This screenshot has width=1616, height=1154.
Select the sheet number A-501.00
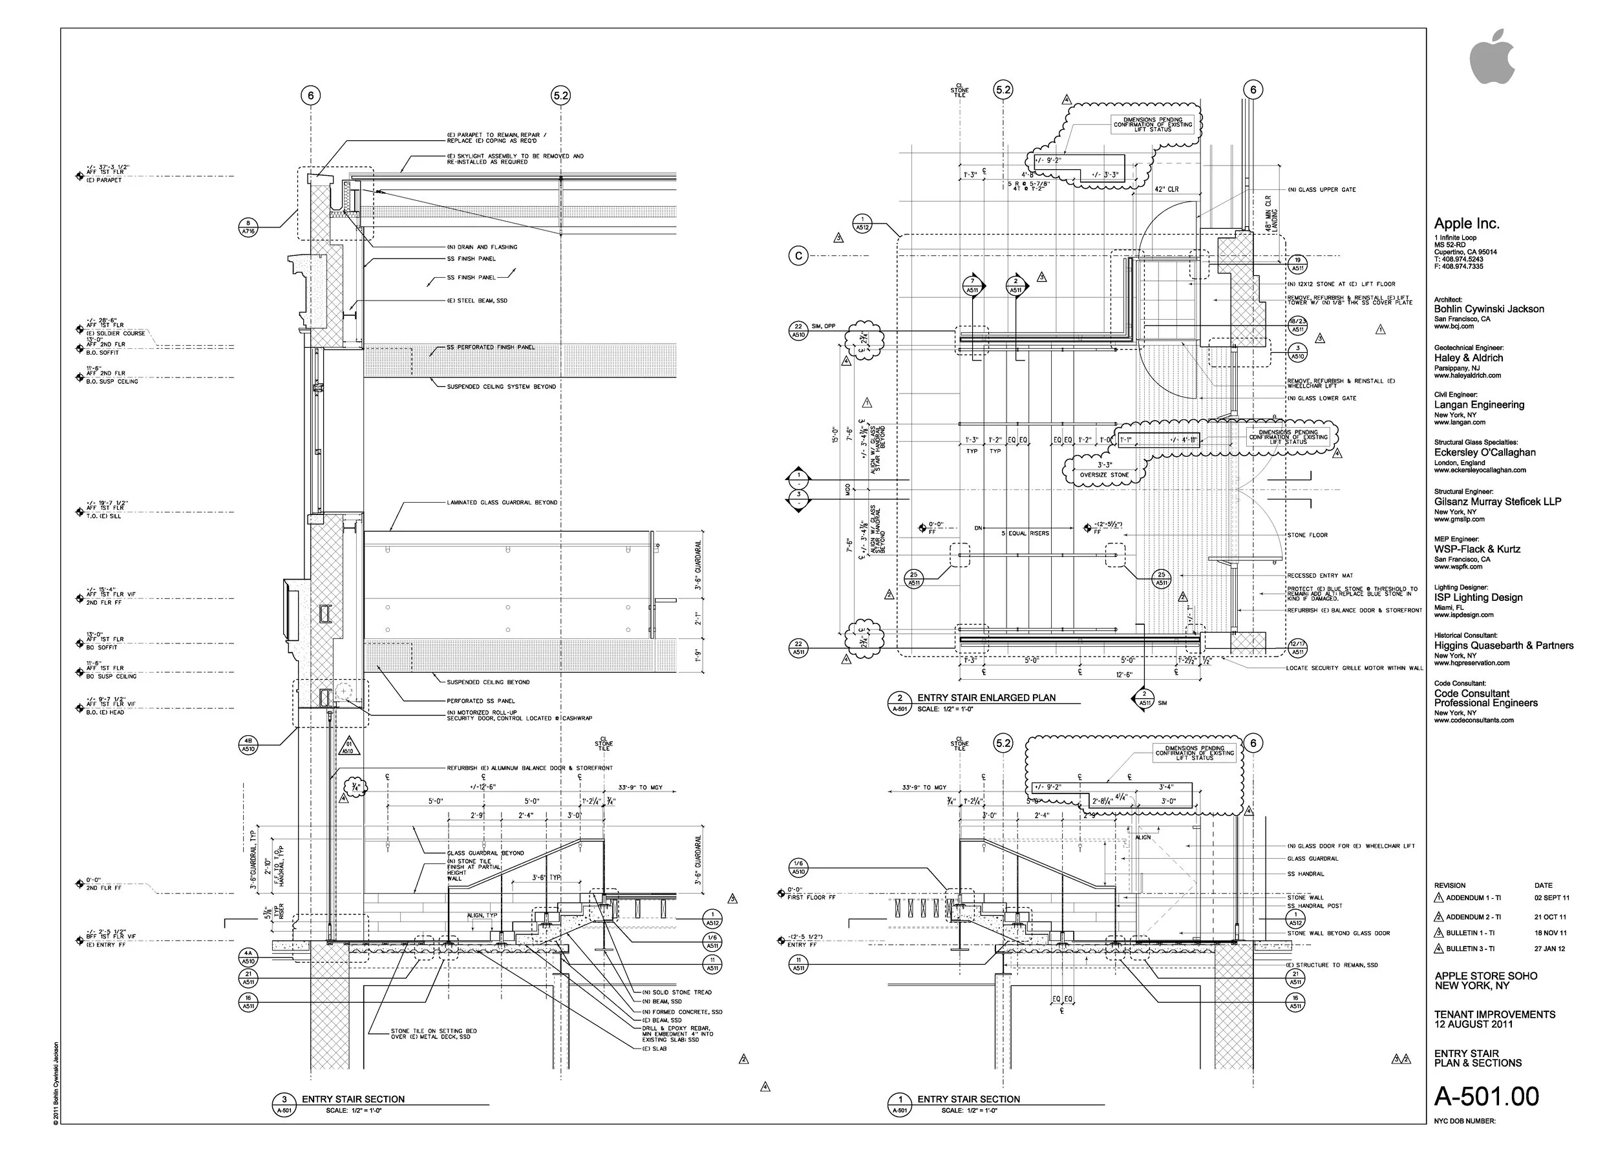tap(1486, 1096)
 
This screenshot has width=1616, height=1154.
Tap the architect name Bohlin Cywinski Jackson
tap(1489, 309)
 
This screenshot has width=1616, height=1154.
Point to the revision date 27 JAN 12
tap(1550, 949)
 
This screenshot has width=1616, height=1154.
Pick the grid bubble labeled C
tap(798, 257)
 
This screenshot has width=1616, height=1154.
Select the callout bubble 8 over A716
tap(247, 227)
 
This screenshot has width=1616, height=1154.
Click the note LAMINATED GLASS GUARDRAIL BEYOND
tap(502, 503)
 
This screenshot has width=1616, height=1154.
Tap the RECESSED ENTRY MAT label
tap(1319, 576)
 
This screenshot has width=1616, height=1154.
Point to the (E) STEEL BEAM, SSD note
tap(477, 300)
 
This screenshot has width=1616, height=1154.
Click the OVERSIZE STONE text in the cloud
tap(1104, 475)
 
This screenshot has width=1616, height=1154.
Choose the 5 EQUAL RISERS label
tap(1025, 534)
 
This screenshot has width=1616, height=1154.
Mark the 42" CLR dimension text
tap(1166, 190)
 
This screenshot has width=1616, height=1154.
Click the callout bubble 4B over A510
tap(247, 745)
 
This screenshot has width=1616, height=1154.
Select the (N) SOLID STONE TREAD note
tap(676, 992)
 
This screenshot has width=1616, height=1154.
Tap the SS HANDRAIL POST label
tap(1315, 906)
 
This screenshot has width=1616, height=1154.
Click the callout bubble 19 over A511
tap(1297, 264)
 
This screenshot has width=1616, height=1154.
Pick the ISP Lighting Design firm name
tap(1478, 598)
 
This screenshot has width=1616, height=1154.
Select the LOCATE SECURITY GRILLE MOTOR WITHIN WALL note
tap(1354, 668)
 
